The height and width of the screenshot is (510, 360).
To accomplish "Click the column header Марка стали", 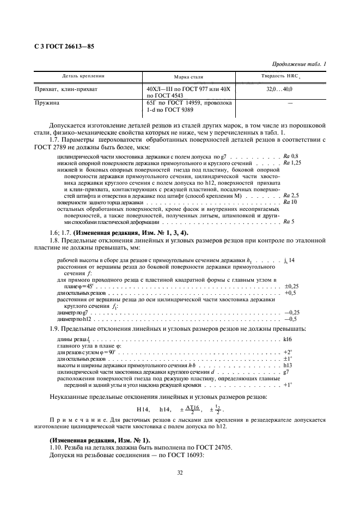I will pyautogui.click(x=188, y=77).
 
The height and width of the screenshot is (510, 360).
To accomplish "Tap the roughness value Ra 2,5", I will pyautogui.click(x=291, y=195).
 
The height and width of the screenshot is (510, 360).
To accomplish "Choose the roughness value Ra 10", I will pyautogui.click(x=290, y=202).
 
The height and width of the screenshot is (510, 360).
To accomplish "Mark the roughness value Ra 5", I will pyautogui.click(x=289, y=222).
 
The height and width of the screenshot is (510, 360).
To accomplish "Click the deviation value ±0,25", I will pyautogui.click(x=291, y=286).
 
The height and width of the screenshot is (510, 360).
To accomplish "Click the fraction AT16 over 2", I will pyautogui.click(x=192, y=409).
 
